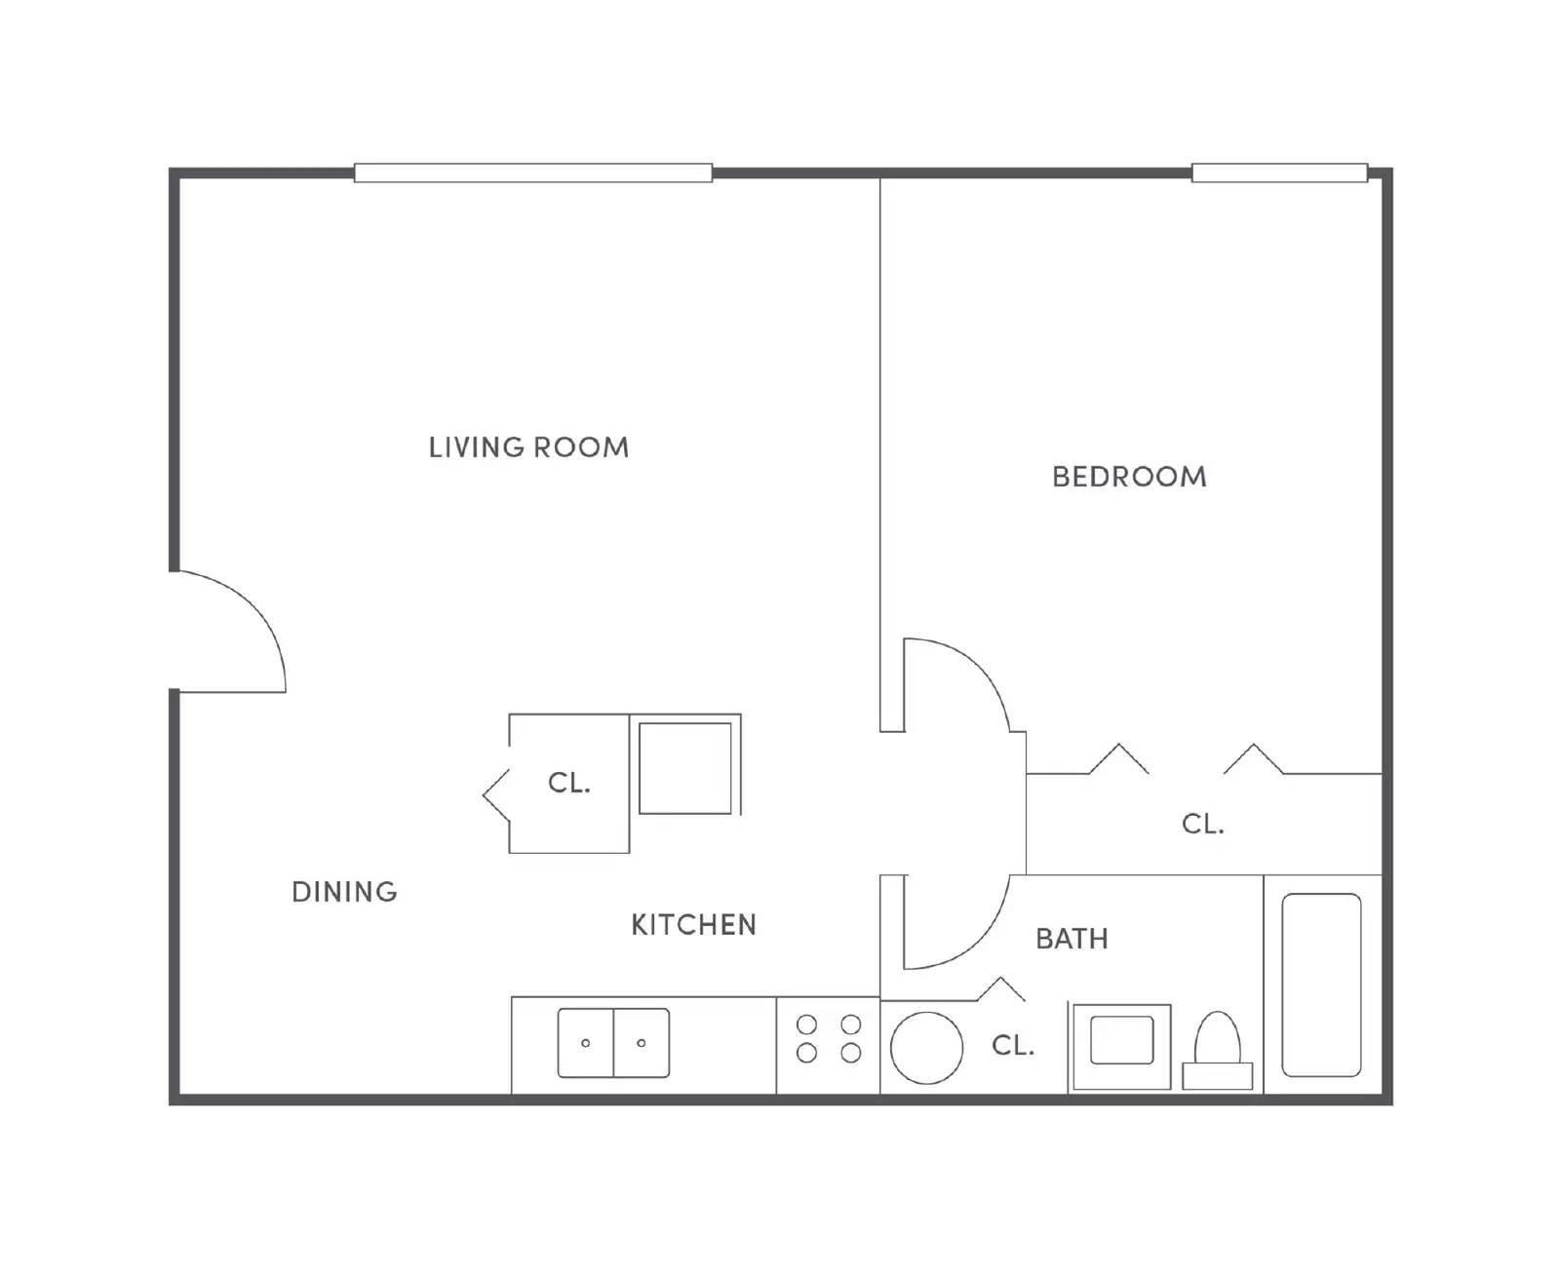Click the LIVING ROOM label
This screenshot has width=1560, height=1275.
pos(528,447)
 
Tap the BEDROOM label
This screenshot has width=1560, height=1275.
pos(1129,477)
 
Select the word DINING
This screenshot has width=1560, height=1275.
pos(344,892)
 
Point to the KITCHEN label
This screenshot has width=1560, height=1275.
pos(693,924)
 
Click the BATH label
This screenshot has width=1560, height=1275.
pos(1072,939)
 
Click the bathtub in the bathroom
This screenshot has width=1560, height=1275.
pos(1321,985)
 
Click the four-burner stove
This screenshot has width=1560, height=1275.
pos(829,1039)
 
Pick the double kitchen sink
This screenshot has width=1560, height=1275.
pos(613,1043)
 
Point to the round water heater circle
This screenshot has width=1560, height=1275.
pos(926,1048)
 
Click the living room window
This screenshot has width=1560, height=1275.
pos(532,174)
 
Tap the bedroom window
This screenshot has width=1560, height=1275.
pos(1279,174)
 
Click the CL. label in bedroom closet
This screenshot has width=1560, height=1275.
pos(1202,825)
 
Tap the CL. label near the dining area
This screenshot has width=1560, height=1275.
pos(568,783)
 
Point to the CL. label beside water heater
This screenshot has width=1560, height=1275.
pos(1012,1046)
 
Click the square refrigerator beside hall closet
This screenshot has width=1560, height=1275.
pos(685,768)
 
